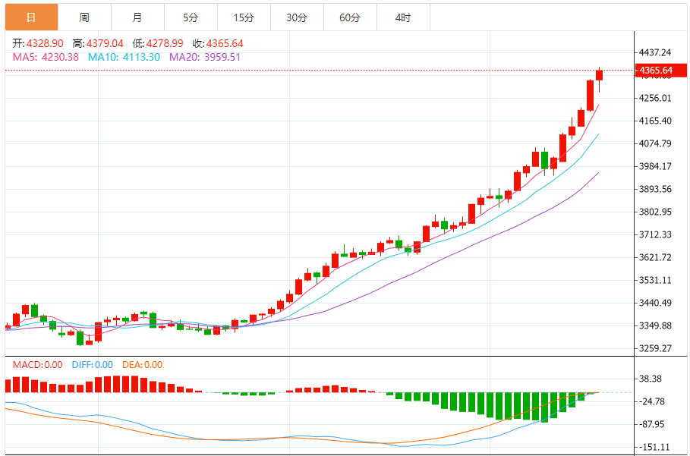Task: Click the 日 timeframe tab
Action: click(x=30, y=17)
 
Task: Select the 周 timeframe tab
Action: click(x=84, y=17)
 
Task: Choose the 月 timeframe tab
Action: click(x=137, y=17)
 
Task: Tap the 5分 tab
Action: click(x=190, y=17)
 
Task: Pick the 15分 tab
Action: click(x=244, y=17)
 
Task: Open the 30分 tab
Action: click(x=297, y=17)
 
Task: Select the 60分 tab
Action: click(x=350, y=17)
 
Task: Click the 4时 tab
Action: click(x=403, y=17)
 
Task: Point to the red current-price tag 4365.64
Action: click(x=656, y=71)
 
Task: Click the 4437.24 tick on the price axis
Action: click(x=656, y=52)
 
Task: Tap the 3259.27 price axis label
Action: click(x=656, y=348)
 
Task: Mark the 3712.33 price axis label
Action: click(x=656, y=234)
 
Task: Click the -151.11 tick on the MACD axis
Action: click(x=656, y=447)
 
